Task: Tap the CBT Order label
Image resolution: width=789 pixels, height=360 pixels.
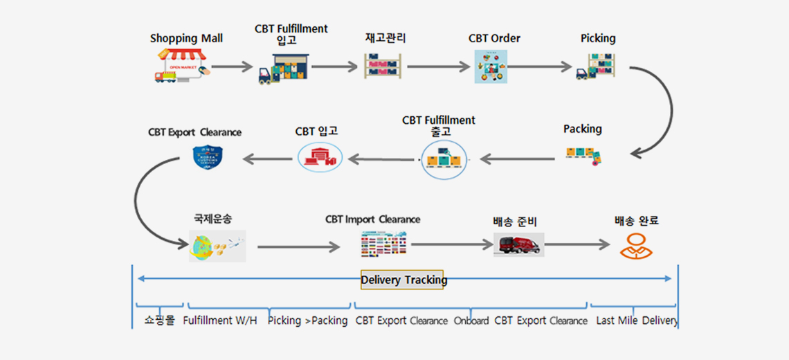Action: coord(494,38)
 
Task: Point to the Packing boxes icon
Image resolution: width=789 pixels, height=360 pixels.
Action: coord(584,154)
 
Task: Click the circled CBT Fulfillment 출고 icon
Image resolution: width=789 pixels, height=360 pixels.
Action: coord(444,159)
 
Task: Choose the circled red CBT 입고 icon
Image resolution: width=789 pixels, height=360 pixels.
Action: coord(320,157)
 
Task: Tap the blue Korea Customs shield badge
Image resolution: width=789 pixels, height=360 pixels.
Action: coord(208,157)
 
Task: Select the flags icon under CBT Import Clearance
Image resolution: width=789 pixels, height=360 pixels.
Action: coord(384,244)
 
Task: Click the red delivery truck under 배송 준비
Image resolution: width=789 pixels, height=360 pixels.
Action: coord(518,244)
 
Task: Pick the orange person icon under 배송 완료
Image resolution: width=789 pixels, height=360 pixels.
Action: coord(636,245)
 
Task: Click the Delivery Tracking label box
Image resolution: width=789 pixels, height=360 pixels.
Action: coord(402,280)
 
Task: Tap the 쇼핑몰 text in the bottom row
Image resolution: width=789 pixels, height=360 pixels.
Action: coord(160,321)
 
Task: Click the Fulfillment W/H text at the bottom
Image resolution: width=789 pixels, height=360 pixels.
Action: coord(220,321)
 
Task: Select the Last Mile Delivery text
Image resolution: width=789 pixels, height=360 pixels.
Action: coord(637,321)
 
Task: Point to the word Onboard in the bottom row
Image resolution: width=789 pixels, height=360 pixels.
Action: coord(471,321)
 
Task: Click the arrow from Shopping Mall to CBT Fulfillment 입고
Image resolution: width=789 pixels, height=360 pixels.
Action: coord(233,67)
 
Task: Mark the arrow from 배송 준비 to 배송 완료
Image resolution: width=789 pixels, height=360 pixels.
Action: coord(577,244)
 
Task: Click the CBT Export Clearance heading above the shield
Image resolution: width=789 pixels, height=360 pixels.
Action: coord(194,132)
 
